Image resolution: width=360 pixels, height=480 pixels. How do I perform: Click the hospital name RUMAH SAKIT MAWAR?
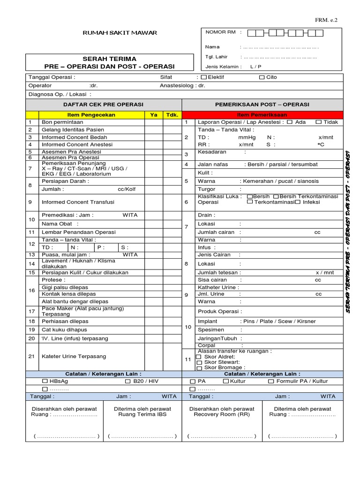(120, 33)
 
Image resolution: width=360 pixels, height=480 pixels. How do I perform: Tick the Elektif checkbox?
(203, 77)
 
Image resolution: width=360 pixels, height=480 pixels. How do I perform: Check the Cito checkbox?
(262, 77)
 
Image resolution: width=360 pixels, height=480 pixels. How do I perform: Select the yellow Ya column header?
(154, 115)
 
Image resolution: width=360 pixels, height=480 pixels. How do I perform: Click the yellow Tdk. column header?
(172, 115)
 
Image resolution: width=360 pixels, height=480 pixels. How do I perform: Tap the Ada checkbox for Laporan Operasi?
(289, 122)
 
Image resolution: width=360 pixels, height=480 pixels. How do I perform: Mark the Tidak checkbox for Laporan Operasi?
(319, 122)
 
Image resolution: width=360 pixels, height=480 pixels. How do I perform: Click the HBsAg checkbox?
(45, 382)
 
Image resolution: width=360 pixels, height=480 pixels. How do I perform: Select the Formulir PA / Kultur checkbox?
(271, 382)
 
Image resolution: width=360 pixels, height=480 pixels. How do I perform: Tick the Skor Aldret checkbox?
(199, 357)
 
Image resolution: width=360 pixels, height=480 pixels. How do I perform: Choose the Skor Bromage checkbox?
(199, 368)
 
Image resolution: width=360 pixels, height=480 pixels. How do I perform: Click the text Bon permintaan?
(62, 122)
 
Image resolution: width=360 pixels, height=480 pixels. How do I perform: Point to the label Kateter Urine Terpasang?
(74, 356)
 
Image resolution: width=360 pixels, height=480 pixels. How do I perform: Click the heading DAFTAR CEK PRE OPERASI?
(104, 105)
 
